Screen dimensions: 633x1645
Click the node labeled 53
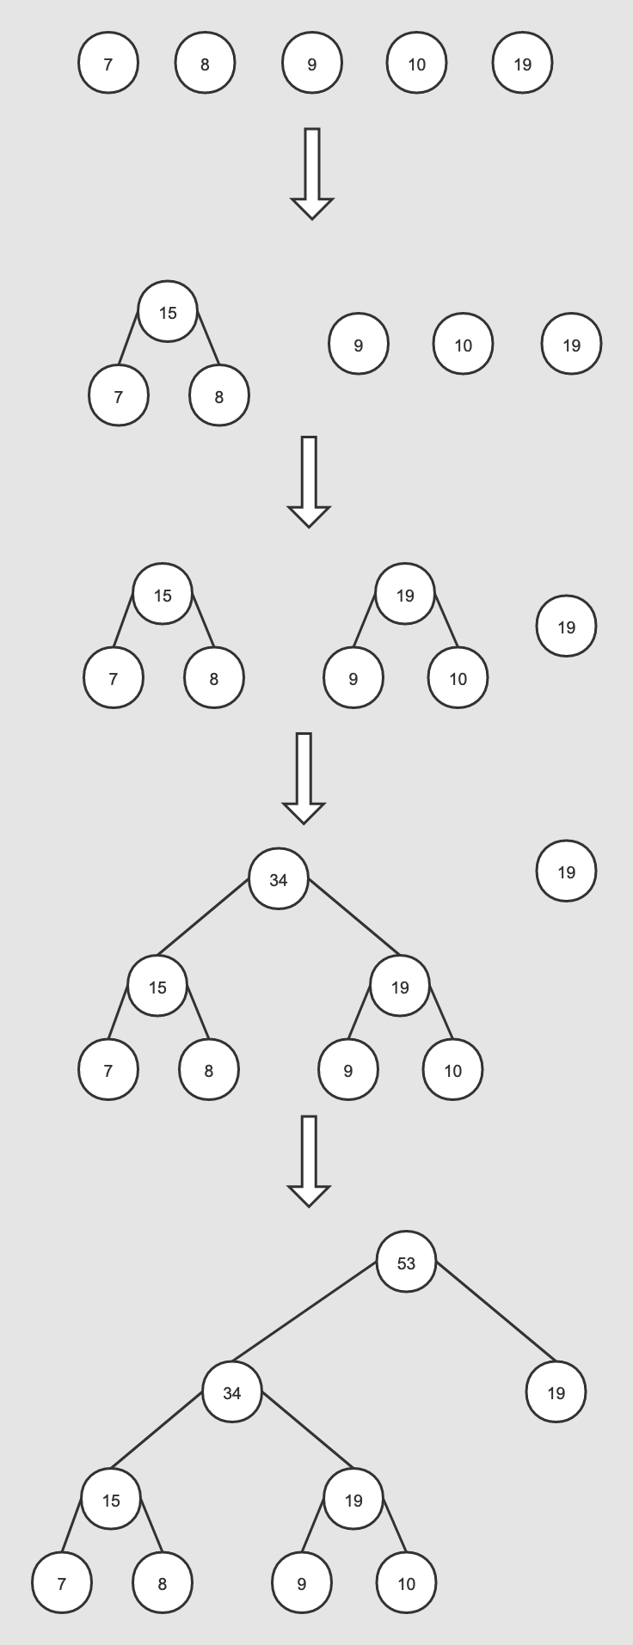(x=406, y=1262)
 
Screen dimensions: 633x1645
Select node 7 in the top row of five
(x=108, y=63)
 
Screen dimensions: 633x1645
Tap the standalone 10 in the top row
(x=416, y=63)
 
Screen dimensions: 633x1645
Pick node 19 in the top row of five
(x=522, y=63)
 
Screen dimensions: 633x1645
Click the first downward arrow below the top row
(x=311, y=172)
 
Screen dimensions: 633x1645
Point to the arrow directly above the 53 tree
(x=309, y=1159)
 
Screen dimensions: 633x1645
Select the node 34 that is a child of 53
(x=232, y=1391)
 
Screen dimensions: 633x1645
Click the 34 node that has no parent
(x=278, y=879)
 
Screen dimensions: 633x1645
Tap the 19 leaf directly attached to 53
(x=556, y=1391)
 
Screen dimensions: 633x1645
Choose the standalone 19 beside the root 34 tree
(x=566, y=871)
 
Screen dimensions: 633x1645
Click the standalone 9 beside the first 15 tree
(x=358, y=345)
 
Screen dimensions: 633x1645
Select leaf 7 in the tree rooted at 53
(x=61, y=1582)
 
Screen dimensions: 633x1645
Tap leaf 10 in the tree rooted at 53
(x=406, y=1582)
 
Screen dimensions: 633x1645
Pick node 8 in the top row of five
(x=205, y=63)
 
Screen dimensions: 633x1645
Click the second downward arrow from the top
(x=309, y=480)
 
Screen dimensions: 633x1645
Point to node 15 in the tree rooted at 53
(x=111, y=1500)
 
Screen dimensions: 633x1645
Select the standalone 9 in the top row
(x=311, y=63)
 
